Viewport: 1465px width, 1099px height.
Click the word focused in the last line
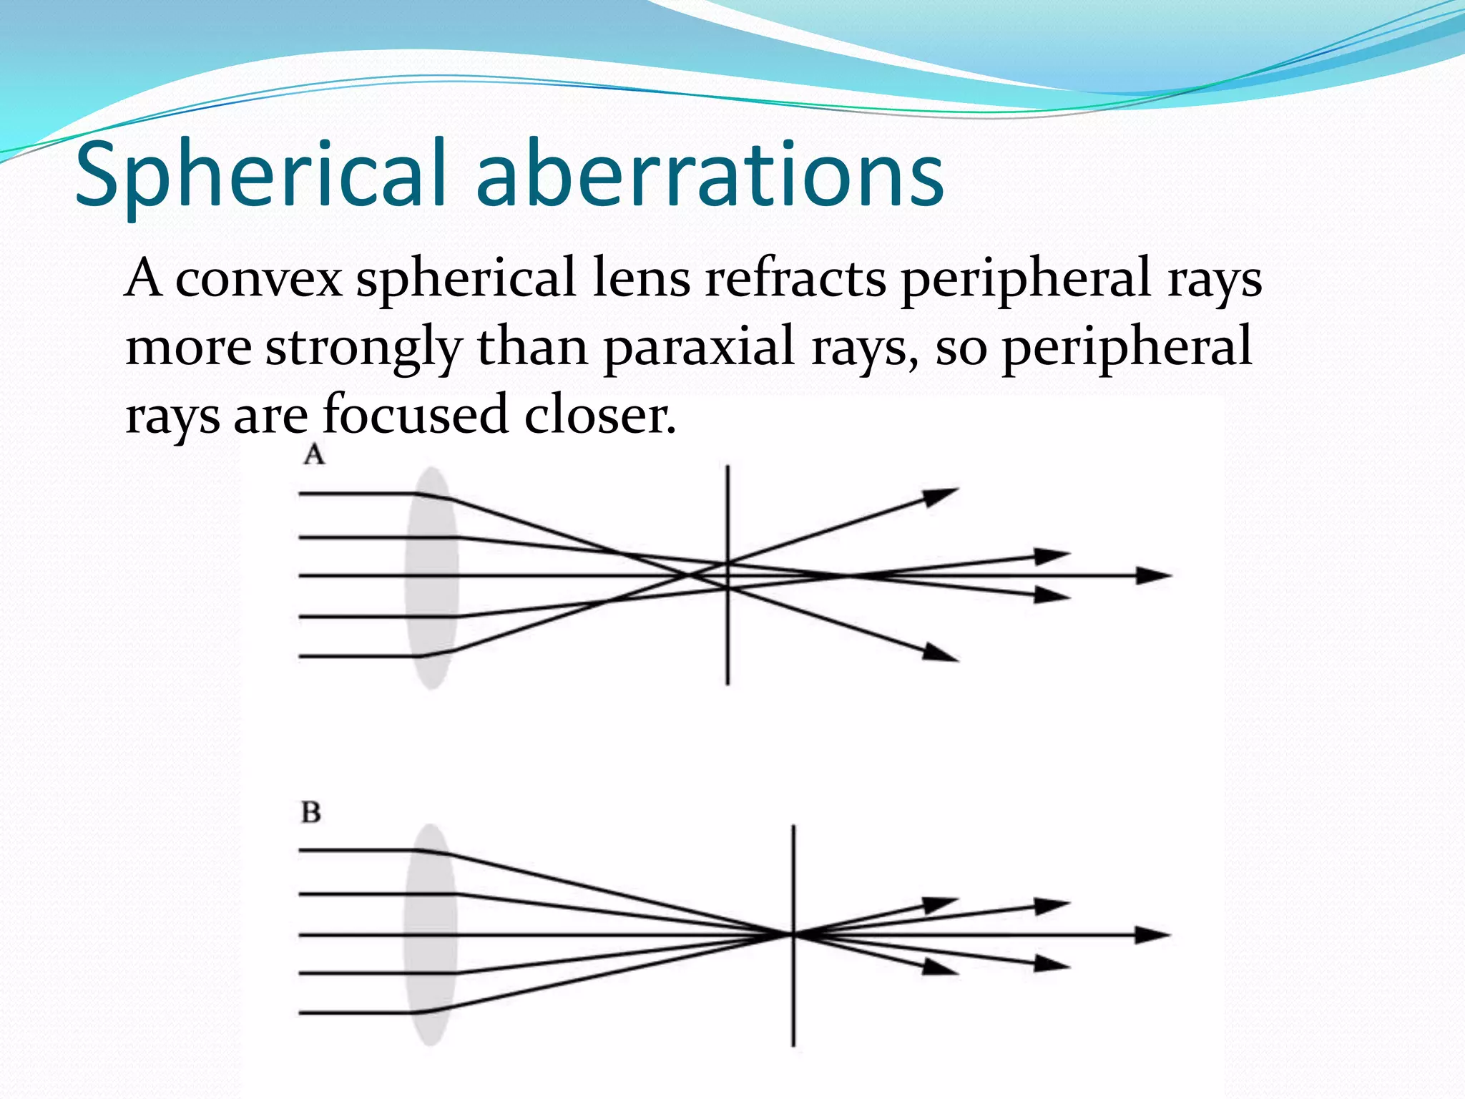pos(415,414)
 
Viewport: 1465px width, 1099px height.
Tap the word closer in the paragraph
pos(599,415)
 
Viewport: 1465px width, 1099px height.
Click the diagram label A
pos(313,454)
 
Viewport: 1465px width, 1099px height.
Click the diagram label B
pos(310,812)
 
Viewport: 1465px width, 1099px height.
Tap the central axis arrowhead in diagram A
pos(1153,575)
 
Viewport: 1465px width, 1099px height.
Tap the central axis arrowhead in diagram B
pos(1152,934)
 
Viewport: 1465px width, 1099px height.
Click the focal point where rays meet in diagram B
pos(793,934)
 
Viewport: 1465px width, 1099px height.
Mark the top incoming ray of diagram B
pos(358,850)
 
